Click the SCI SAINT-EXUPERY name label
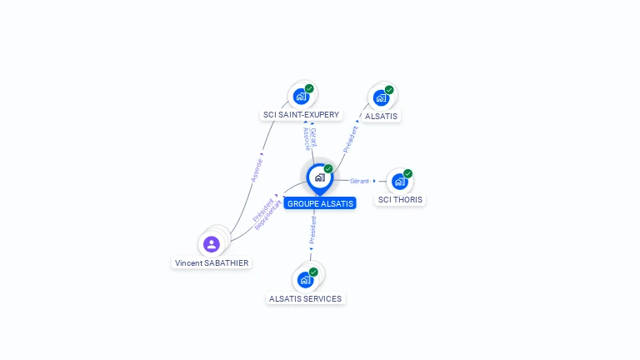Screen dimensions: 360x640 301,115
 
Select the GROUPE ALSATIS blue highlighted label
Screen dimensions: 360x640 320,203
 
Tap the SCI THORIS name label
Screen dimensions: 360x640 400,200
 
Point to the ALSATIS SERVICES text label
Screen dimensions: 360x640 305,298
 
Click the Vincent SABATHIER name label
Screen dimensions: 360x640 212,262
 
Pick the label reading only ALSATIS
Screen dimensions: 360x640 382,116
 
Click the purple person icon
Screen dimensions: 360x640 212,244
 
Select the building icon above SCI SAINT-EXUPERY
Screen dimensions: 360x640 301,97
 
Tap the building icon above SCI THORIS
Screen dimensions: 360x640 399,182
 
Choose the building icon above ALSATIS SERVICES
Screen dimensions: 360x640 305,280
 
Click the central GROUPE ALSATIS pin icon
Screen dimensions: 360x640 319,177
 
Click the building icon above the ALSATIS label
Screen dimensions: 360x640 381,97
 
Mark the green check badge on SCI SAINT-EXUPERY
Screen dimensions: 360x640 309,88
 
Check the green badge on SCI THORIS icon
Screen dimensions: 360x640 407,173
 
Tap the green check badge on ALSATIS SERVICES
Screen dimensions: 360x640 313,272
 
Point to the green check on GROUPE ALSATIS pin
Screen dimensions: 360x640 328,169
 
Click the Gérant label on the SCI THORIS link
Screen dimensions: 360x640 360,181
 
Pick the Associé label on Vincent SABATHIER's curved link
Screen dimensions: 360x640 257,170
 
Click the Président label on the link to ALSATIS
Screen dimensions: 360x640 351,139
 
